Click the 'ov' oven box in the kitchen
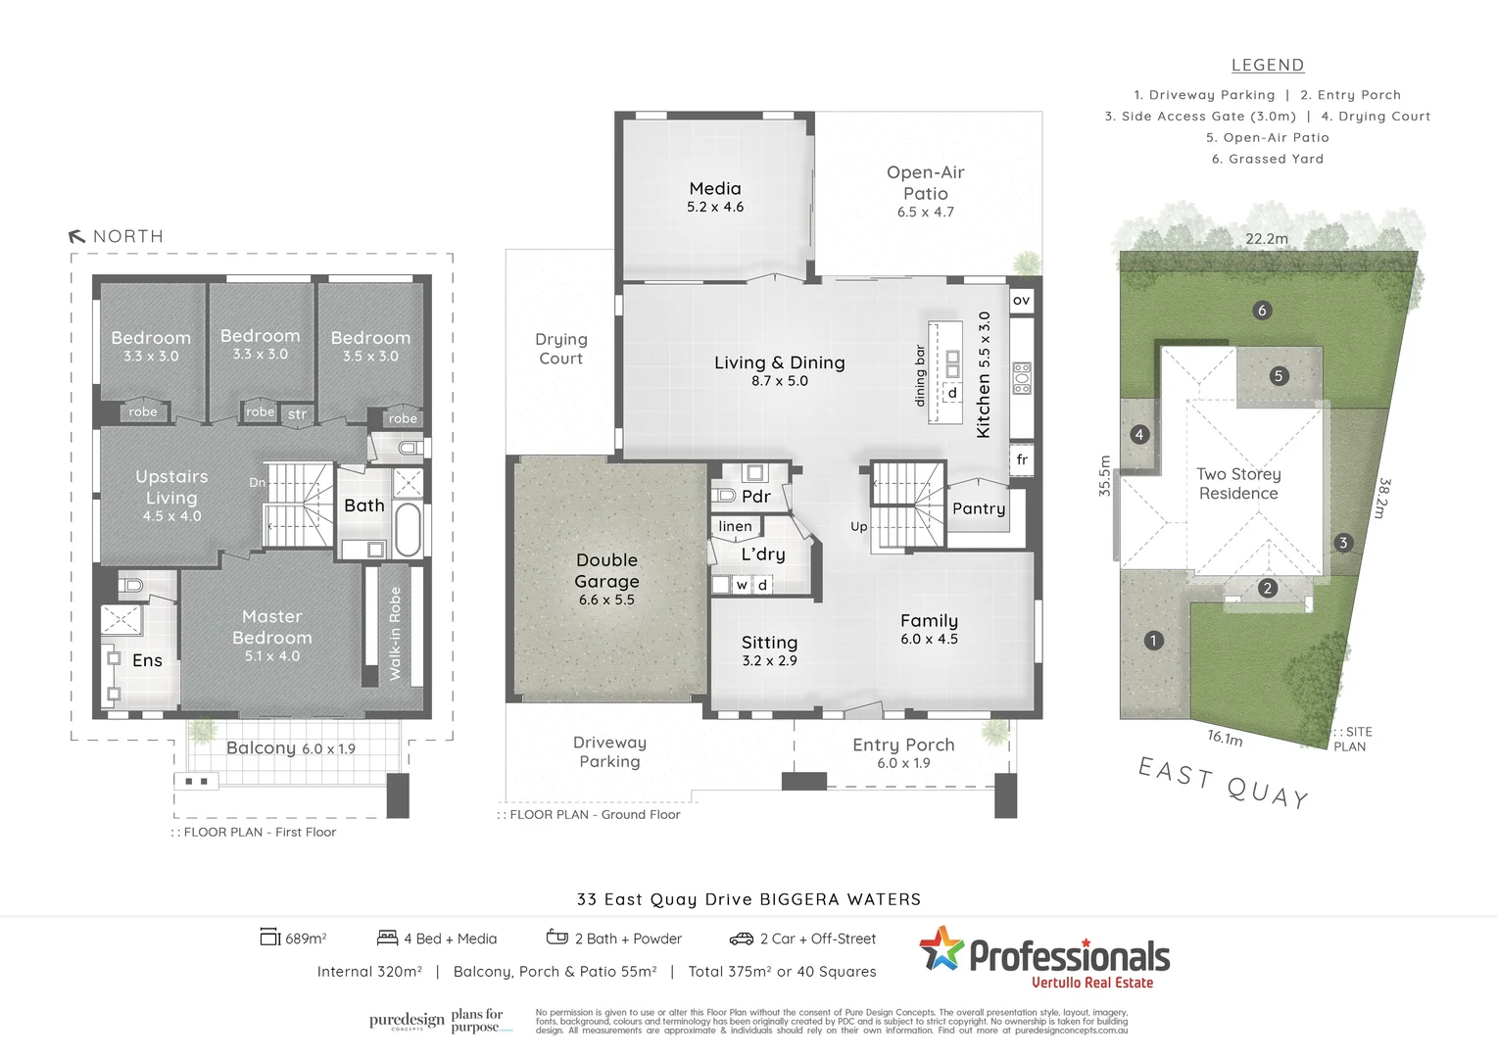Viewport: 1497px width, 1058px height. pyautogui.click(x=1021, y=300)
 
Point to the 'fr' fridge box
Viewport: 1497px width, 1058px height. pyautogui.click(x=1022, y=459)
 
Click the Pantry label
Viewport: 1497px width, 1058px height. pyautogui.click(x=979, y=508)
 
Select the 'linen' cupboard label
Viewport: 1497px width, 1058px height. pyautogui.click(x=735, y=526)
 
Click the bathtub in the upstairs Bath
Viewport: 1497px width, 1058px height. pyautogui.click(x=408, y=530)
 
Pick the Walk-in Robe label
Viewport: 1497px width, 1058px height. pyautogui.click(x=395, y=633)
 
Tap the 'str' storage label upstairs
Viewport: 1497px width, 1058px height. pyautogui.click(x=297, y=414)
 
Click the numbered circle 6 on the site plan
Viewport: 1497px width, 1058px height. pyautogui.click(x=1262, y=311)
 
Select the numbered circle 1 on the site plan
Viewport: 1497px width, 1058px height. pyautogui.click(x=1153, y=641)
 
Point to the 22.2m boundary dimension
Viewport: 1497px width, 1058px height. pyautogui.click(x=1267, y=238)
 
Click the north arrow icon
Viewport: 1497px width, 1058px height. pyautogui.click(x=77, y=236)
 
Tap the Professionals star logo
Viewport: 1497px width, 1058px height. pyautogui.click(x=942, y=948)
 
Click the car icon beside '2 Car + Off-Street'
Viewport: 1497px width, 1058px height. pyautogui.click(x=741, y=938)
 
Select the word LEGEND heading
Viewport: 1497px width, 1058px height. pyautogui.click(x=1267, y=66)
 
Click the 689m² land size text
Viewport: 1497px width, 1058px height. pyautogui.click(x=305, y=938)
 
